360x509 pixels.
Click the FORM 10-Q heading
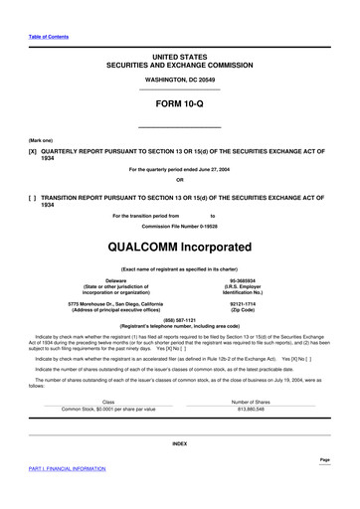179,102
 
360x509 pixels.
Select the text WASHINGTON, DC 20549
179,78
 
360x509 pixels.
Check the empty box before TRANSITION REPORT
34,198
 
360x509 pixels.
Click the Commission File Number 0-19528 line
179,227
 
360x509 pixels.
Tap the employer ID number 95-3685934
243,281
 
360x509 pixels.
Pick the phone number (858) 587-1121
179,320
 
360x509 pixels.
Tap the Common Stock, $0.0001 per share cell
94,409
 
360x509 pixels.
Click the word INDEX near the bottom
179,442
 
